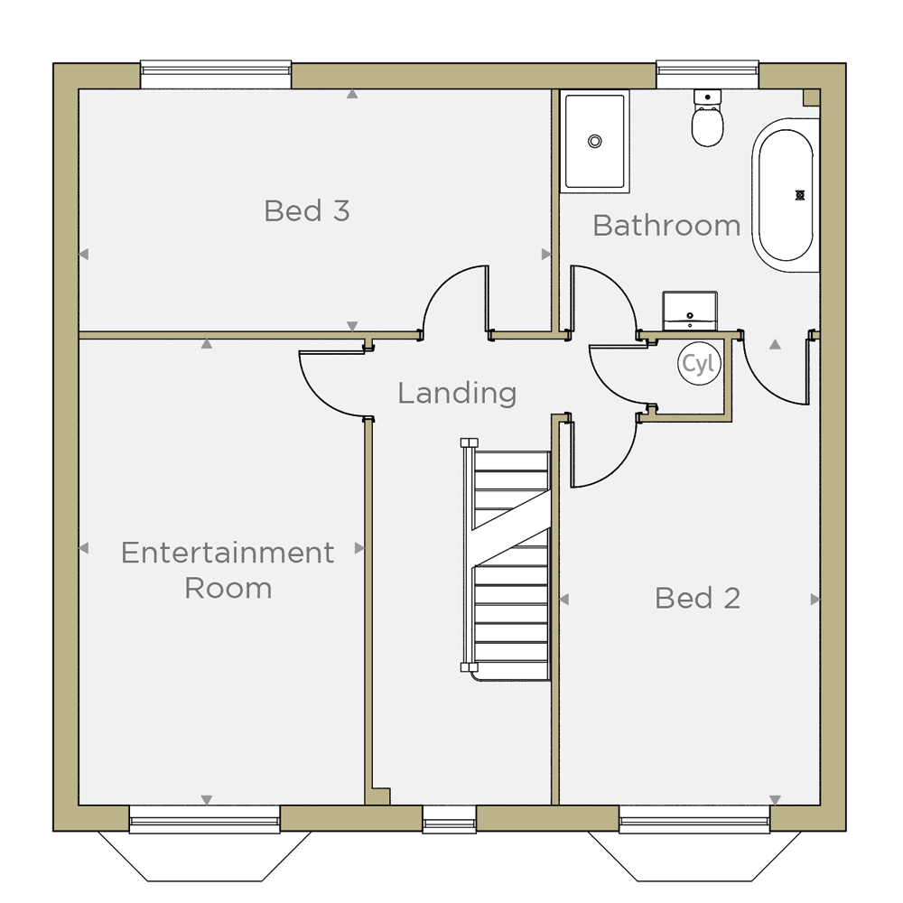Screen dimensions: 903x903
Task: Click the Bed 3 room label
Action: coord(307,210)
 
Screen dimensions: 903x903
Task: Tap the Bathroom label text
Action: coord(666,225)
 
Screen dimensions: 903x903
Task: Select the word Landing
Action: coord(457,394)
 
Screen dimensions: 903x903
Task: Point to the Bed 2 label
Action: coord(697,599)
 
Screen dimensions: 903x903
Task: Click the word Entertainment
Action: coord(228,553)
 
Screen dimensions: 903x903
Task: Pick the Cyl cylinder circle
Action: coord(699,363)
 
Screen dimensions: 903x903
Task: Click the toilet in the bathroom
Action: coord(707,118)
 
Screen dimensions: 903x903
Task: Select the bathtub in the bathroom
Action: coord(786,195)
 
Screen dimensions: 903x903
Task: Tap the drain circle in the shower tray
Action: coord(595,141)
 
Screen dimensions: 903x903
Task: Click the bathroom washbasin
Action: coord(690,311)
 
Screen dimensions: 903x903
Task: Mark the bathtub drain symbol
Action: coord(799,195)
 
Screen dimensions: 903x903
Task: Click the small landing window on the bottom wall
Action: coord(449,819)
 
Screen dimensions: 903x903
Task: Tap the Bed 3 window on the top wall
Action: coord(216,75)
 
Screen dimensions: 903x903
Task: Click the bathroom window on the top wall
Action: coord(707,75)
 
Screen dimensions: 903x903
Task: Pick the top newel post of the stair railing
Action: coord(470,442)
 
